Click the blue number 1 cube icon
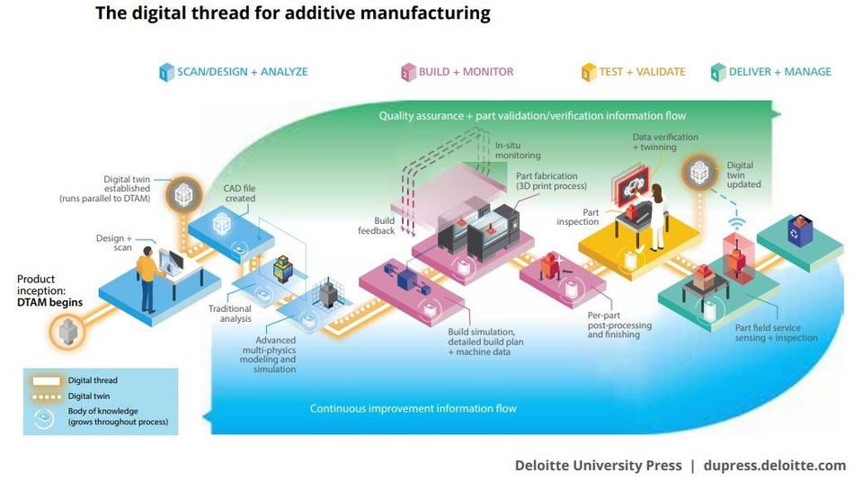166,72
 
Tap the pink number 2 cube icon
408,72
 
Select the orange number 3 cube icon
588,72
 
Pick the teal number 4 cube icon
718,72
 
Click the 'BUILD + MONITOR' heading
466,72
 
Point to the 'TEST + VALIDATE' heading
642,72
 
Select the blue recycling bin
800,230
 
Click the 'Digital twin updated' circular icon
699,173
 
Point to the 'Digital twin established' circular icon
183,194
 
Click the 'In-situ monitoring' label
518,150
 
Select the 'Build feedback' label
377,226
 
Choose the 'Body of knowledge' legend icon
43,418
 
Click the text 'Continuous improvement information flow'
414,408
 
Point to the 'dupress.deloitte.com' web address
775,466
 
